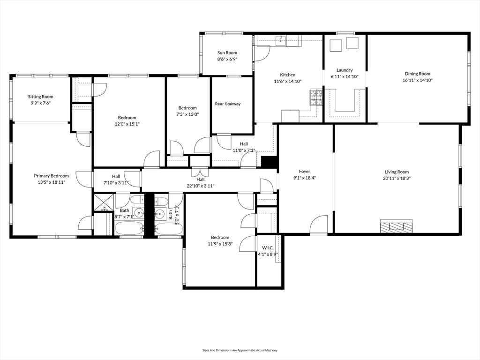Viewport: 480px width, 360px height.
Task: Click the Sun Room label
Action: coord(227,53)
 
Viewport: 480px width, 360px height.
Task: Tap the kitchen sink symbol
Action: coord(282,41)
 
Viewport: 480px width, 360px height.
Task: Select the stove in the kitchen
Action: coord(316,97)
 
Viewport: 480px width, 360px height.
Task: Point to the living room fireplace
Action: coord(396,226)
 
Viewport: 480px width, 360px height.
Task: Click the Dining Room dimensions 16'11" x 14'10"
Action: coord(417,80)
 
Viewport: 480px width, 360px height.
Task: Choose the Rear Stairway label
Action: coord(227,104)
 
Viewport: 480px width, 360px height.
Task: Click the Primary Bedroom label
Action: coord(51,176)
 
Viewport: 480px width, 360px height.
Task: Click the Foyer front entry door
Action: coord(319,225)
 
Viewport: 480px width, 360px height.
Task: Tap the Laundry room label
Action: coord(345,70)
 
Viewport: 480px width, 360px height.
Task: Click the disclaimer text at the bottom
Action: coord(240,350)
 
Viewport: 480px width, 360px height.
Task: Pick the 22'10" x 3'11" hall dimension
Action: coord(201,186)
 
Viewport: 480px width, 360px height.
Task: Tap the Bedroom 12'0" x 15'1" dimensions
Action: coord(127,124)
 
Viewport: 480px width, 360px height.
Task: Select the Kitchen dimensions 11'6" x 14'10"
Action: coord(288,81)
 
